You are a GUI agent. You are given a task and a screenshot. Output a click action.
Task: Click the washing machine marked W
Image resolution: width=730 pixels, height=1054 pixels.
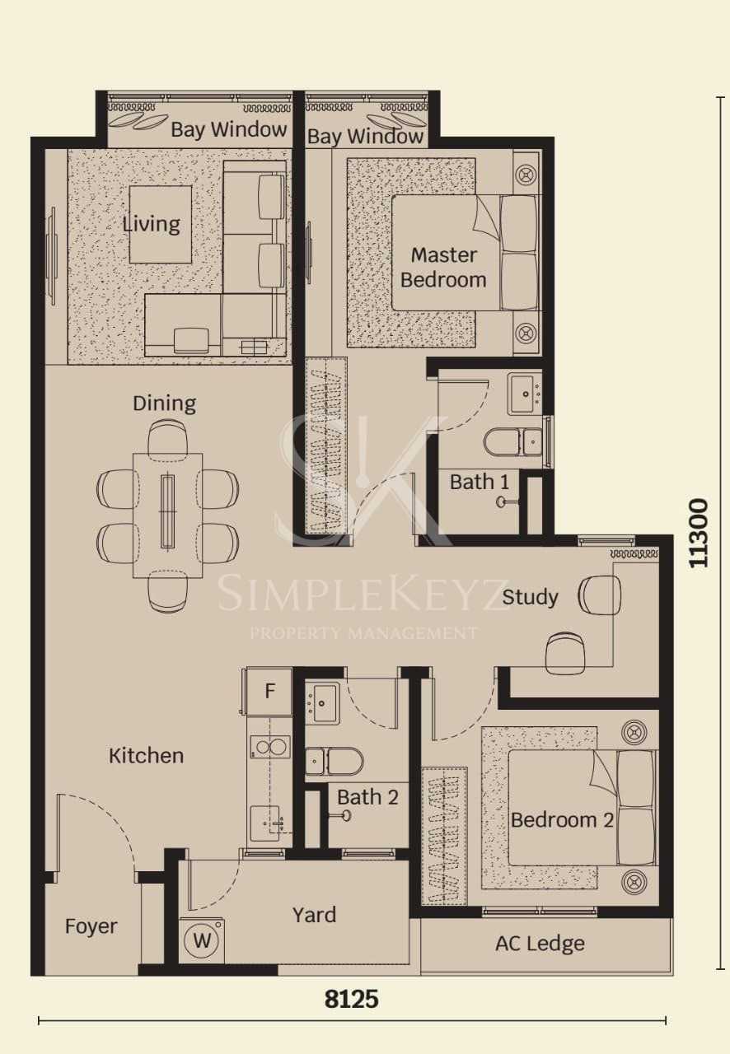(x=202, y=940)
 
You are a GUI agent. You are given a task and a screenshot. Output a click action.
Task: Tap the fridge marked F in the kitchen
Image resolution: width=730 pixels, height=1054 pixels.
(x=269, y=691)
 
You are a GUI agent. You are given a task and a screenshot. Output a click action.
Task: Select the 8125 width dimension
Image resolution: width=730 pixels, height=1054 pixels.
(x=351, y=1000)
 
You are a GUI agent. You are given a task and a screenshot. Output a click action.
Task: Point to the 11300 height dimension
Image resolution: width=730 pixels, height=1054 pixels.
(x=698, y=533)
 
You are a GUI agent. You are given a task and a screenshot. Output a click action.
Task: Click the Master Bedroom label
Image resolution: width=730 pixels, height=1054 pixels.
(x=443, y=268)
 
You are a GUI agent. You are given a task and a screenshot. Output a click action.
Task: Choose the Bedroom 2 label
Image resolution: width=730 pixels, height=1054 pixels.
(x=562, y=820)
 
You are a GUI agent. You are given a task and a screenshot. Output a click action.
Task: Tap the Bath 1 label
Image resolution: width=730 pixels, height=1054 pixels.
(x=480, y=482)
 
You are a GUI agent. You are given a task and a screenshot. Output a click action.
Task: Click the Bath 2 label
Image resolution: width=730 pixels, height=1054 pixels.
(x=367, y=797)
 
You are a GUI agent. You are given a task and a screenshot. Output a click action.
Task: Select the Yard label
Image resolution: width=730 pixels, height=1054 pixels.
(x=314, y=915)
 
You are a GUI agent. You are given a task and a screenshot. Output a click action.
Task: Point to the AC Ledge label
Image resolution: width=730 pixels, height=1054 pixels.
(x=540, y=943)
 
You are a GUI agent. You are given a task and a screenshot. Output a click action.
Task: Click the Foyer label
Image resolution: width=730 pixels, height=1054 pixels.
(x=91, y=926)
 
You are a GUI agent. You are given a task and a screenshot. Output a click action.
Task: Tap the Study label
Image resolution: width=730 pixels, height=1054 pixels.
(x=530, y=598)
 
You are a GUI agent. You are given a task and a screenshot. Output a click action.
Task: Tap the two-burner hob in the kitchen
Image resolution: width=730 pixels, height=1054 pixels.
(x=270, y=747)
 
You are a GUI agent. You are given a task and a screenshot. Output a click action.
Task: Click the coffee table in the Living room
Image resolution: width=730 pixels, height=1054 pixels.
(x=161, y=225)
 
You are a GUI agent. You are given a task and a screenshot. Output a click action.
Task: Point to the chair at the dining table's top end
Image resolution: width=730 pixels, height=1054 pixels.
(x=167, y=437)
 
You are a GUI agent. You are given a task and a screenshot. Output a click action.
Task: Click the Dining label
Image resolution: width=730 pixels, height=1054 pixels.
(x=164, y=403)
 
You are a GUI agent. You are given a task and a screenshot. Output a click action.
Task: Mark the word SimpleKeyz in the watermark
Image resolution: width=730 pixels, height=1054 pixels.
(x=363, y=595)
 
